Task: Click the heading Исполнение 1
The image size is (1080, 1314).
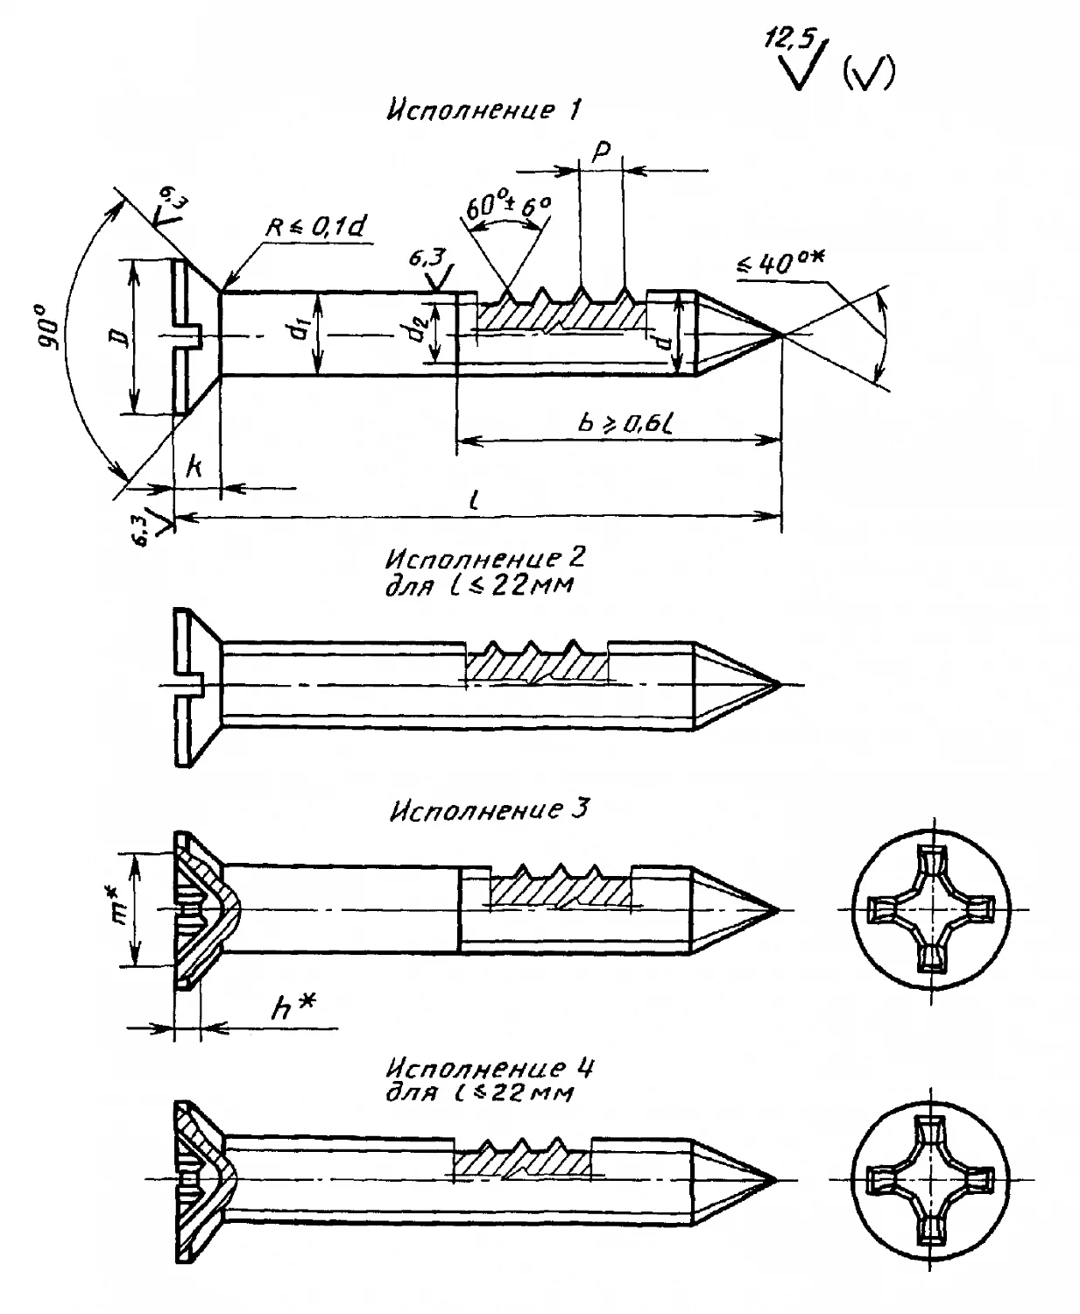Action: pos(484,111)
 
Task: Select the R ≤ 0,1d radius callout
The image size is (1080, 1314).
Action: pos(317,226)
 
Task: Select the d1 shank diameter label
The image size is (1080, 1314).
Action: pos(300,334)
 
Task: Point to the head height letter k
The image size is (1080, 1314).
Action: pos(194,467)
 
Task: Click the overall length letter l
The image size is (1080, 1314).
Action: pos(473,501)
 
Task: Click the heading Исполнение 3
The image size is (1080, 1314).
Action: pos(489,809)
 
